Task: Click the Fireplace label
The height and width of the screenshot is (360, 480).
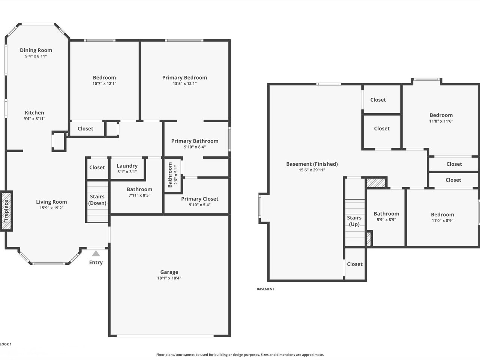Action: point(6,211)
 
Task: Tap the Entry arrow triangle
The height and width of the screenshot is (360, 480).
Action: point(96,253)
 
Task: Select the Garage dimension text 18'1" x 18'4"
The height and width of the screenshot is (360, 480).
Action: point(169,278)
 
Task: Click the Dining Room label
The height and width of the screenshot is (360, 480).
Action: point(36,50)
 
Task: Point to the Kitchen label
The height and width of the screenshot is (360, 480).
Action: point(34,113)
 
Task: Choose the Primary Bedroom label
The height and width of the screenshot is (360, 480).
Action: point(184,78)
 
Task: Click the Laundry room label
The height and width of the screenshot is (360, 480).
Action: point(127,166)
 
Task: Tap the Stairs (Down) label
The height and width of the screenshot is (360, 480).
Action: point(97,200)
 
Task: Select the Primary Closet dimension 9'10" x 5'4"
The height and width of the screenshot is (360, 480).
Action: point(199,205)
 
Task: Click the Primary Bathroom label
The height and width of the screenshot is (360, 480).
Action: point(195,141)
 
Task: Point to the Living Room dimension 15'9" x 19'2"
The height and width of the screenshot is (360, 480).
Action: point(51,208)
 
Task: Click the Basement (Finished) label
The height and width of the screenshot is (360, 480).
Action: point(312,164)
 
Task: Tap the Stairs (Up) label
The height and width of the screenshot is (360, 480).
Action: point(354,221)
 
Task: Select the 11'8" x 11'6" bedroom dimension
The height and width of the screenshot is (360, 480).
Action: point(441,121)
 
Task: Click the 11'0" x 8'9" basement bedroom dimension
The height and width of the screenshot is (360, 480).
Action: point(442,220)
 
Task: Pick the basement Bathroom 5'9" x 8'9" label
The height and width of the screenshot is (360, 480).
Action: point(386,216)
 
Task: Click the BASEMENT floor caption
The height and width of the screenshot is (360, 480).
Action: point(265,289)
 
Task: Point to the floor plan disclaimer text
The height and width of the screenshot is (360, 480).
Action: point(240,354)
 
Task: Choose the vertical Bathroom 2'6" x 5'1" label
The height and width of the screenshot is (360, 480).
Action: point(173,175)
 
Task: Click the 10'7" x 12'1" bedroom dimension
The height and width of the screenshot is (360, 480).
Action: point(104,84)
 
